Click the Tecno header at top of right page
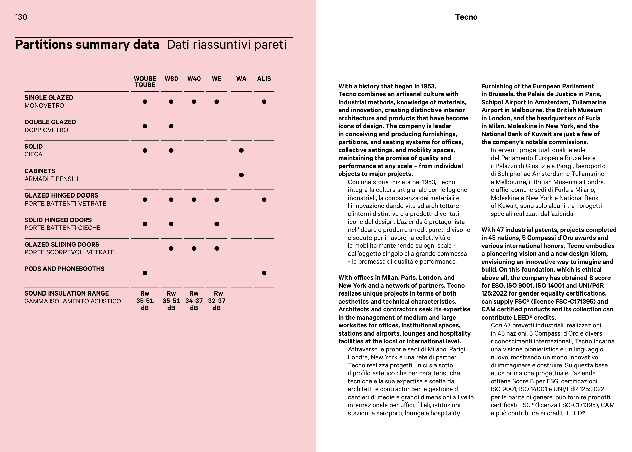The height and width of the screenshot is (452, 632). (466, 17)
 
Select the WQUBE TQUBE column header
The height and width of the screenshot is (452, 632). (145, 82)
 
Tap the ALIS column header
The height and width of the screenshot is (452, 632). (264, 79)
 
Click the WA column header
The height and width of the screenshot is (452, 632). (241, 79)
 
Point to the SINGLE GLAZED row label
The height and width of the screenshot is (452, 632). (49, 98)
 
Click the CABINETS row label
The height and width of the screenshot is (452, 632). (40, 171)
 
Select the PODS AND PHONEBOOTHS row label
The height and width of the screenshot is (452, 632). (64, 269)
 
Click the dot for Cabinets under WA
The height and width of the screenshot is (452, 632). (241, 175)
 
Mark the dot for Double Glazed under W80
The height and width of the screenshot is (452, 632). (171, 126)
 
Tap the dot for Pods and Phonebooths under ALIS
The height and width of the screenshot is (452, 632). (264, 273)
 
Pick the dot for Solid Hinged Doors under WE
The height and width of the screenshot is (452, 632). (217, 224)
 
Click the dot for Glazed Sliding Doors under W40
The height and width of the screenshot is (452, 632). (194, 249)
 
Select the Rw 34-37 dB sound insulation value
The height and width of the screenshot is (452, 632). (194, 301)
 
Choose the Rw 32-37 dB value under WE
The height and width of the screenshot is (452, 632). (217, 301)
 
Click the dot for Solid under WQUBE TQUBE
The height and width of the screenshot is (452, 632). (145, 151)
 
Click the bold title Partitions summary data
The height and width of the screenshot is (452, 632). (87, 45)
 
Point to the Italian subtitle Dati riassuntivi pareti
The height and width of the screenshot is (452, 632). (227, 45)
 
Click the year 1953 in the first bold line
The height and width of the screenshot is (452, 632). (428, 86)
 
